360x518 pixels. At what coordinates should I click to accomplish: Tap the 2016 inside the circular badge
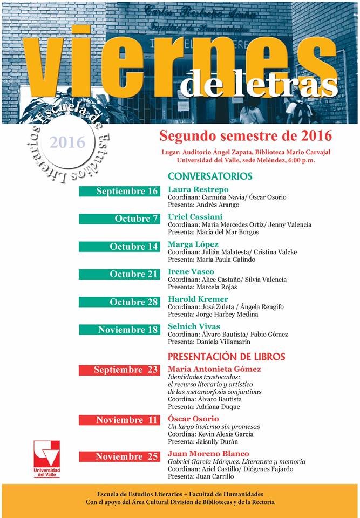(67, 142)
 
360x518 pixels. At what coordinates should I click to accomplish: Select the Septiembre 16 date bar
(119, 192)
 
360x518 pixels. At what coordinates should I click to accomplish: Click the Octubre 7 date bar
(119, 219)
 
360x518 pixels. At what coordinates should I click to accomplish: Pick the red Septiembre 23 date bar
(119, 370)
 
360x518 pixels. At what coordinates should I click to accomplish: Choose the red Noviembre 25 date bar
(119, 456)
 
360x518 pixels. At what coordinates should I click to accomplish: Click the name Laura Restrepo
(198, 189)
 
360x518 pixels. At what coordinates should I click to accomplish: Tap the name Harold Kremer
(198, 299)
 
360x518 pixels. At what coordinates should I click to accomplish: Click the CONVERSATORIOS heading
(210, 176)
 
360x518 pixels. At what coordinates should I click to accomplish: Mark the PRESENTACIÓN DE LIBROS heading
(227, 357)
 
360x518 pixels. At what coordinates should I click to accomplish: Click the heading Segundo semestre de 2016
(245, 135)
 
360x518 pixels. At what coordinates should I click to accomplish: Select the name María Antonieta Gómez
(214, 369)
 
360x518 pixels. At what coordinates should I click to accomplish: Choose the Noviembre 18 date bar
(119, 330)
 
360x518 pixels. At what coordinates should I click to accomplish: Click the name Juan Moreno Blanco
(208, 454)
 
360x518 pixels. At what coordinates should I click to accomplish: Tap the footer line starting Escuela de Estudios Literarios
(180, 494)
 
